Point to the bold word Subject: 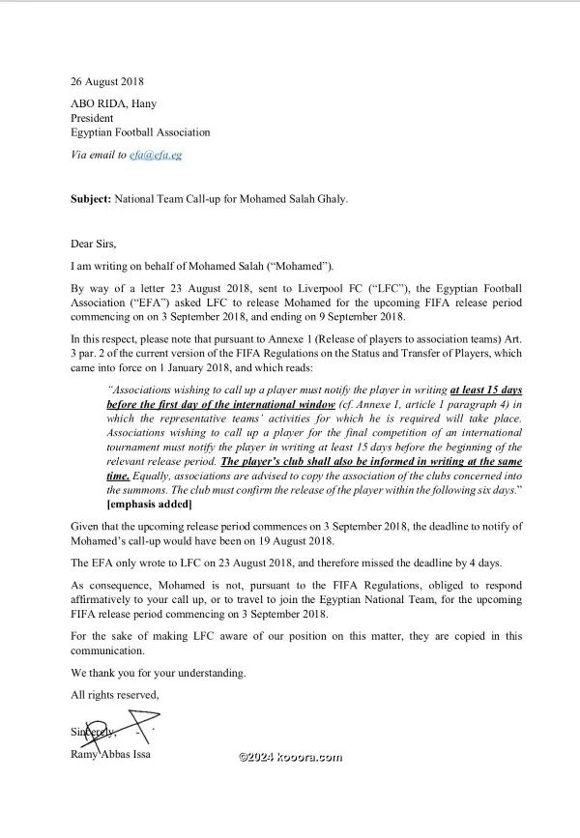[x=94, y=199]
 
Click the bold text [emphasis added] [x=151, y=506]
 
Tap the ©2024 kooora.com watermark [x=289, y=758]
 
